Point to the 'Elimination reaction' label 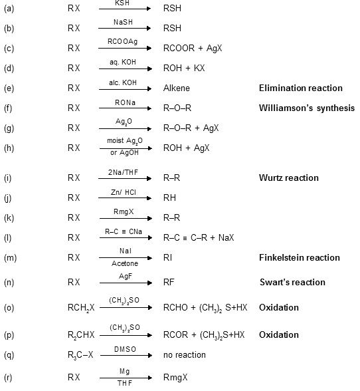300,88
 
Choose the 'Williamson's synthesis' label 306,108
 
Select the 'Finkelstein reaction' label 299,257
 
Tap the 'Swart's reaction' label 292,283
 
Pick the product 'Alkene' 176,88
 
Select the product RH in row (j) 169,198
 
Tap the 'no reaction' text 185,355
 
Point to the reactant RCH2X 82,308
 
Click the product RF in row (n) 169,283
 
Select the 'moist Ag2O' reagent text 119,141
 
